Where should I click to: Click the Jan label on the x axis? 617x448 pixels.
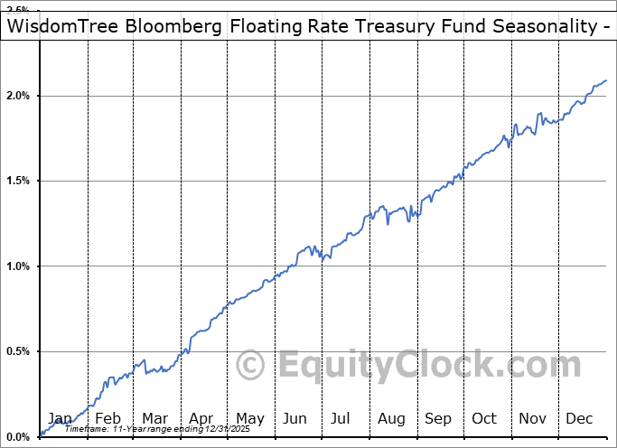pos(60,418)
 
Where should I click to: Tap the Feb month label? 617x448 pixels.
pos(107,418)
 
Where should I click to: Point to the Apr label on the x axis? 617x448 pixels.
pos(201,418)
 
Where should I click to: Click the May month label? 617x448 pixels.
pos(249,418)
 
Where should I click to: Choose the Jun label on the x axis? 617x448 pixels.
pos(295,418)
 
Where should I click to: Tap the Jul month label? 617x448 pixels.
pos(341,418)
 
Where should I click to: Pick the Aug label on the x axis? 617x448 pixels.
pos(390,418)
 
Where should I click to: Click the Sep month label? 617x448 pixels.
pos(438,418)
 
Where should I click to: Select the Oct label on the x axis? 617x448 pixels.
pos(484,418)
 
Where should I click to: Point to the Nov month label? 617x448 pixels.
pos(531,418)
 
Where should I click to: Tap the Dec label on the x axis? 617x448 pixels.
pos(578,418)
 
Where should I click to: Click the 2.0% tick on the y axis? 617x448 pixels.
pos(20,96)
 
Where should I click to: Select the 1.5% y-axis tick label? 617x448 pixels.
pos(20,181)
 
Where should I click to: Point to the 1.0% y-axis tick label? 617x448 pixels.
pos(20,266)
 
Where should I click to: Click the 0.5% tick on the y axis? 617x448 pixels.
pos(20,351)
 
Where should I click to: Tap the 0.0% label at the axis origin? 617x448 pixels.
pos(20,437)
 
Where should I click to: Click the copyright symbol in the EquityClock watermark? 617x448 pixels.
pos(250,366)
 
